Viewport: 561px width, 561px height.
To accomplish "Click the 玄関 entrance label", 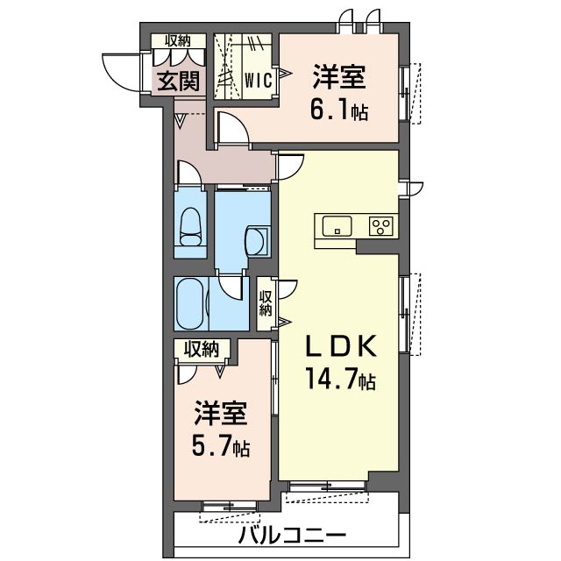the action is [179, 82].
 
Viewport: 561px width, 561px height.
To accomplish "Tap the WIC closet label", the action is [259, 80].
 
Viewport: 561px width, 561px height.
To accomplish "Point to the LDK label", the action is [341, 346].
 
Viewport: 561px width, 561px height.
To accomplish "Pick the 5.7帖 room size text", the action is [221, 445].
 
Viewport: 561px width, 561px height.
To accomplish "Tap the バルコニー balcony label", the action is [293, 536].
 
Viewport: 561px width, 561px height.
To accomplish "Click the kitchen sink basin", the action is [337, 226].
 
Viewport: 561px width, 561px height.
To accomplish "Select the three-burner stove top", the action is [381, 226].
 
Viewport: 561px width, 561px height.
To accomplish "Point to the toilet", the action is [190, 227].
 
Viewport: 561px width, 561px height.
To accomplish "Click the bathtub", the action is [191, 303].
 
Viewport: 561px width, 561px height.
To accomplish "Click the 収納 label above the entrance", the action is [177, 41].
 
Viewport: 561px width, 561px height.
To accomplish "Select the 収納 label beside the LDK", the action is [266, 303].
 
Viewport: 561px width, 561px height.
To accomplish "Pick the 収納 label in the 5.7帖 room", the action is [202, 349].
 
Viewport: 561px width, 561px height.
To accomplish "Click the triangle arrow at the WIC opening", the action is [285, 74].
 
